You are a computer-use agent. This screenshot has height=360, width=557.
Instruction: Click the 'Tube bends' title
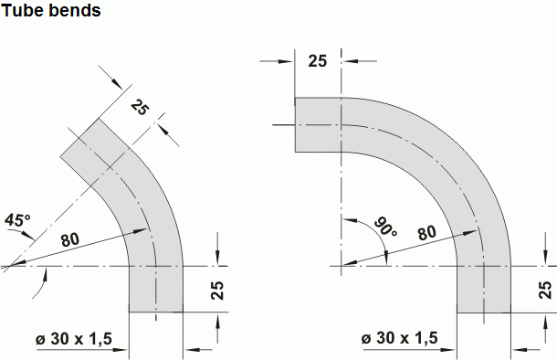pos(51,10)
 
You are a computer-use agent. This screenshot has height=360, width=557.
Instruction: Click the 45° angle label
pos(17,220)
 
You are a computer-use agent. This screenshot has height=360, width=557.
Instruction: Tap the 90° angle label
pos(385,227)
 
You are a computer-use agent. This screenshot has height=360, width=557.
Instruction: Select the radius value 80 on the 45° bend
pos(70,240)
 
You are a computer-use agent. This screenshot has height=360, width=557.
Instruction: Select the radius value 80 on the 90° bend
pos(426,233)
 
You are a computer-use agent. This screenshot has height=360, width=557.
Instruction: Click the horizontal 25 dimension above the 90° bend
pos(317,61)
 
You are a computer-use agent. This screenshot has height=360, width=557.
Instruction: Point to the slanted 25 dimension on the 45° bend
pos(139,107)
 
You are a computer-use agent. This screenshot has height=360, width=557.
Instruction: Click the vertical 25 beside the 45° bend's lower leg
pos(217,291)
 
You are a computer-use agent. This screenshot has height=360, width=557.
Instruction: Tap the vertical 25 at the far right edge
pos(545,290)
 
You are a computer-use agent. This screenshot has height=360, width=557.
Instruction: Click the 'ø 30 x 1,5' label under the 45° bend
pos(74,339)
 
